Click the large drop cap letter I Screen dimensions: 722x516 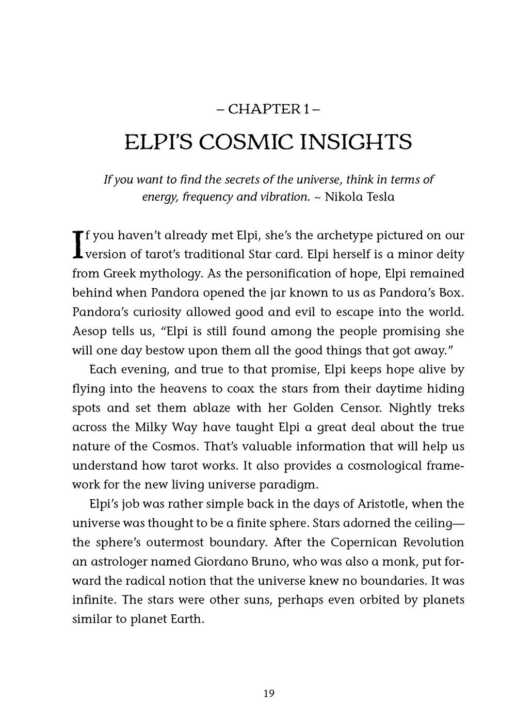[78, 244]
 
